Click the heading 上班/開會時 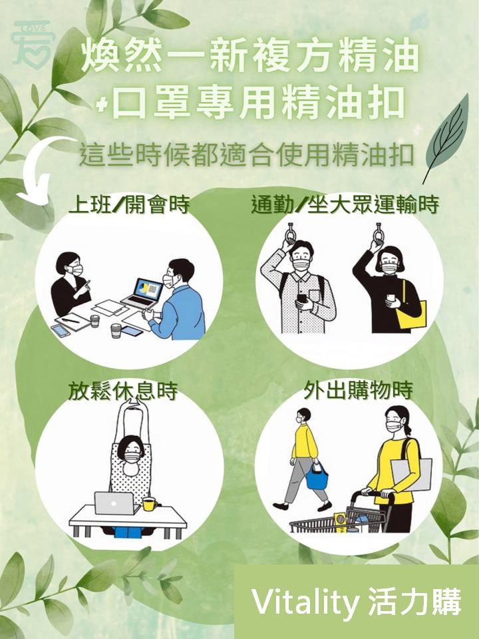[x=129, y=204]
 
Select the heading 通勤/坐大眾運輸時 [x=345, y=204]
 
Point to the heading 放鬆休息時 [x=123, y=391]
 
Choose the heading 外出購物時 [x=358, y=391]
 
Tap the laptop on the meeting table [x=142, y=294]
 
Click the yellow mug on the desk [x=150, y=504]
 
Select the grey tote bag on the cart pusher [x=411, y=474]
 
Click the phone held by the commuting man [x=303, y=299]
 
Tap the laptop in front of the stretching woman [x=114, y=503]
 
